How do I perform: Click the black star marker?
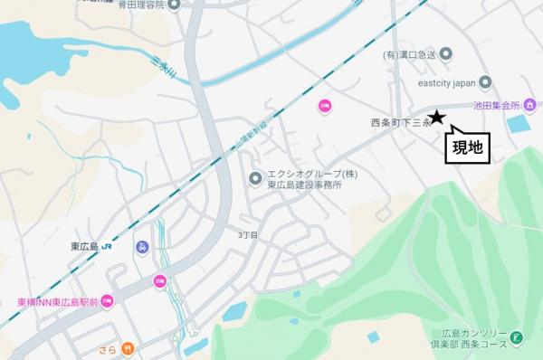436,117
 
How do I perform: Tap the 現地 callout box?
467,147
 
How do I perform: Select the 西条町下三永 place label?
399,123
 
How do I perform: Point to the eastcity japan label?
447,82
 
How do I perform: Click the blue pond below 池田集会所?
519,124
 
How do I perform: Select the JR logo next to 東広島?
108,245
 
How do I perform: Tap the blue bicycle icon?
141,247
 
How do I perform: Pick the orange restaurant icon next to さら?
129,346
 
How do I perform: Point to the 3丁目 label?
248,234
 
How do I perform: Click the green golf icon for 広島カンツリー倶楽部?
516,337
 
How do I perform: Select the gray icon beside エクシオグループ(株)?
255,177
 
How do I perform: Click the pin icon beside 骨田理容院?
175,5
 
